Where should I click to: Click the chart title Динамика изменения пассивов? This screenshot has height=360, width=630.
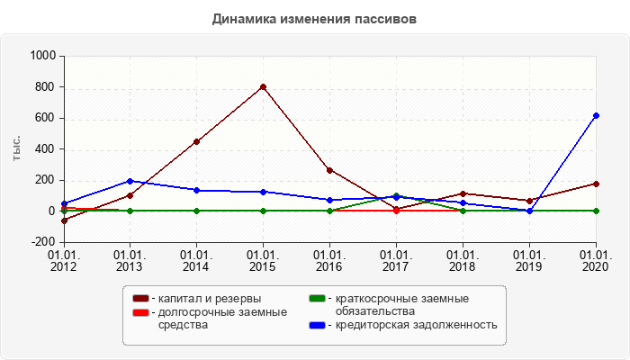tap(314, 19)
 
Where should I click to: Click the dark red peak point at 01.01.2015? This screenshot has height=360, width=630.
tap(263, 87)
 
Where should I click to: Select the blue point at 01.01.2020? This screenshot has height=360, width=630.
tap(596, 115)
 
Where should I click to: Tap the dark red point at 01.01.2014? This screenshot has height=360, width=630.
tap(196, 141)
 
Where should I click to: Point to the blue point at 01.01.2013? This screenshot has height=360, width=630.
tap(130, 181)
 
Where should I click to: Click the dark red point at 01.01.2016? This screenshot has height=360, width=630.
tap(329, 170)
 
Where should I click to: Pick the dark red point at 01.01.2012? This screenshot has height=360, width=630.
tap(64, 220)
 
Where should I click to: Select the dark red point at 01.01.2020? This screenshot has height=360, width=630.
tap(596, 184)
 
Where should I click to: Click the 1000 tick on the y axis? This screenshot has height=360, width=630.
tap(43, 56)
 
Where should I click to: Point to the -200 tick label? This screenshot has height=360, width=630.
tap(43, 242)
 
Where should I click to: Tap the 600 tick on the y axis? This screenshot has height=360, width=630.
tap(46, 118)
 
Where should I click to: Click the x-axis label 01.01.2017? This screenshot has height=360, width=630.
tap(396, 260)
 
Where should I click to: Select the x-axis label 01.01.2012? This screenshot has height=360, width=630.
tap(64, 260)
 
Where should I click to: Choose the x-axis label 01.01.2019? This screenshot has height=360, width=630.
tap(529, 260)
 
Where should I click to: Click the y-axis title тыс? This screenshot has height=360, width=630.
tap(16, 149)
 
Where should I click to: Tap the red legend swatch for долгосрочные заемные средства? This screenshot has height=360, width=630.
tap(140, 312)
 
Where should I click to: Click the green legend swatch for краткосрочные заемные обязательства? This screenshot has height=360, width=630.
tap(317, 299)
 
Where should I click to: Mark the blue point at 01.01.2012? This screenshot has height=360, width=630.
tap(64, 203)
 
